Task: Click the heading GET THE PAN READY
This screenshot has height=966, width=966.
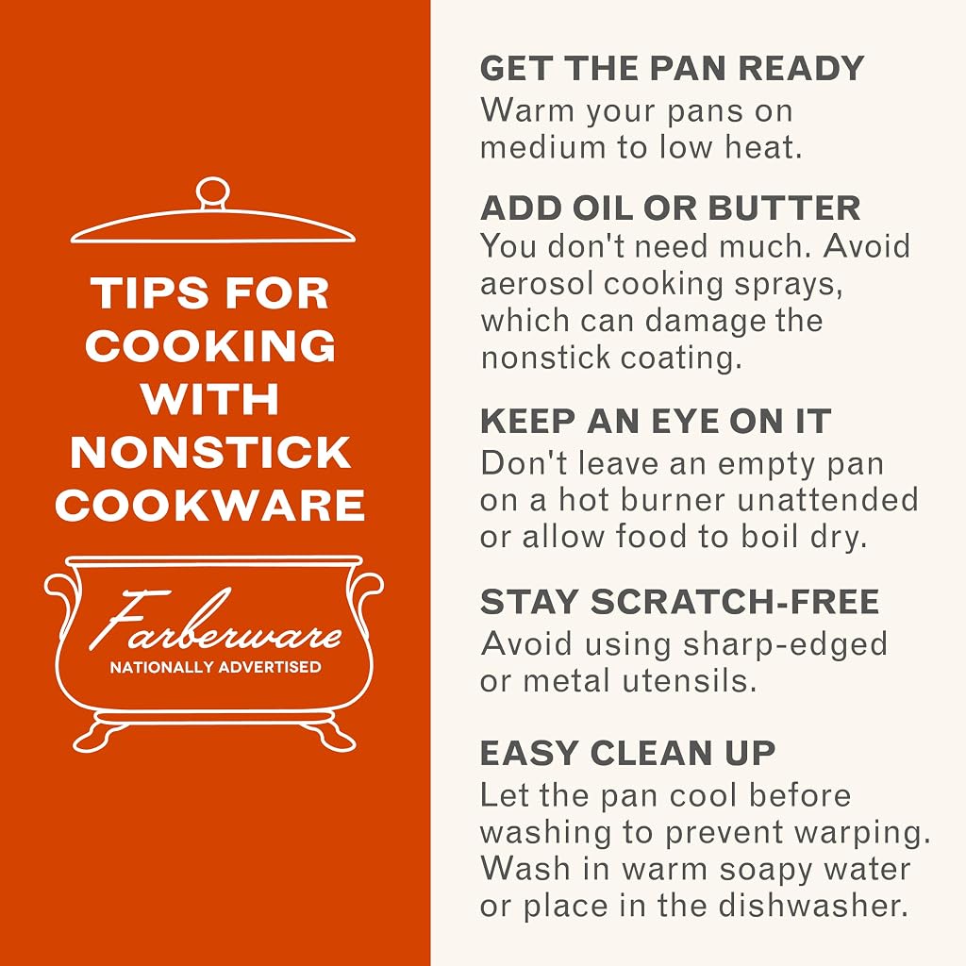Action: [672, 68]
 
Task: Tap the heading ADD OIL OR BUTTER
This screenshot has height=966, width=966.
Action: [671, 208]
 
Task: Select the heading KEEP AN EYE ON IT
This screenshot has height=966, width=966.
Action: [656, 422]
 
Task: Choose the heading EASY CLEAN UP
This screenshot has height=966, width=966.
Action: [627, 753]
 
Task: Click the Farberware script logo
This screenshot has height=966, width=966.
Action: [216, 621]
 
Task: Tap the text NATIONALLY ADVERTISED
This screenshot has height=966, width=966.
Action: [216, 667]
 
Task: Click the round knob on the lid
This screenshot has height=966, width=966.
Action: [212, 192]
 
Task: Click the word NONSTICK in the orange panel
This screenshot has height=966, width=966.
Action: [210, 453]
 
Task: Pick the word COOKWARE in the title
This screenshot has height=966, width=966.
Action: [210, 506]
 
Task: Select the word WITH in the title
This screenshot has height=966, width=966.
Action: [210, 399]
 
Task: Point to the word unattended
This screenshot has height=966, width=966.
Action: [827, 500]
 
